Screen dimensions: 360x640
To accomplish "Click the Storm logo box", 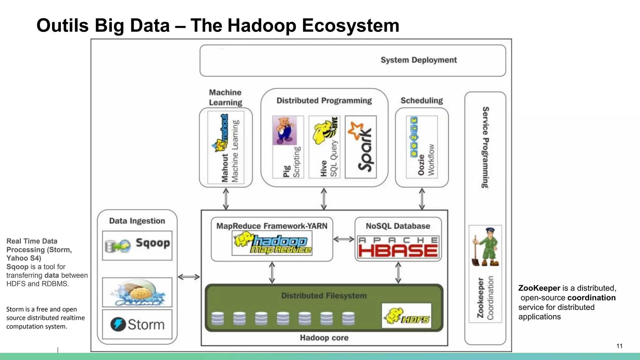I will (137, 324).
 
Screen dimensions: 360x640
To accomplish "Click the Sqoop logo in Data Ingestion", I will (137, 245).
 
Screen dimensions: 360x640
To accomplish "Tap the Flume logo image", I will (137, 292).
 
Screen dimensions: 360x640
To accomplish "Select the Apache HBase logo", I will (398, 247).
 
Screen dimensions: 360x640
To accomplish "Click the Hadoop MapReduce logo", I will (272, 243).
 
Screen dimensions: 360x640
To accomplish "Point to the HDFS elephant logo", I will (406, 316).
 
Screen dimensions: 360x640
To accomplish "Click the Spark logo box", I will (361, 147).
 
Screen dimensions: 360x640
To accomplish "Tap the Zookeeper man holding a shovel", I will (485, 247).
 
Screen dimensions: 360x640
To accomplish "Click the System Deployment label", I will (418, 60).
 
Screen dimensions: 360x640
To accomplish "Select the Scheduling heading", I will (422, 101).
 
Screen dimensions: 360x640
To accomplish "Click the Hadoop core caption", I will (324, 338).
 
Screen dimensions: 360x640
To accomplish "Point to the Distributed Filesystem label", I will (324, 296).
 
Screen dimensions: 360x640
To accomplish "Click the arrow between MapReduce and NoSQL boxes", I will (344, 239).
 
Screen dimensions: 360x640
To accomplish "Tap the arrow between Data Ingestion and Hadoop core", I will (189, 277).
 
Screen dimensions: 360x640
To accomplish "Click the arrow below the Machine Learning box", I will (226, 199).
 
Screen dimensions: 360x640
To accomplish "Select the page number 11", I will (619, 346).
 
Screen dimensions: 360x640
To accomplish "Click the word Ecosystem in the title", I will (350, 26).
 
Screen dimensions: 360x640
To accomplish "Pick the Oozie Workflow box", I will (422, 147).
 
